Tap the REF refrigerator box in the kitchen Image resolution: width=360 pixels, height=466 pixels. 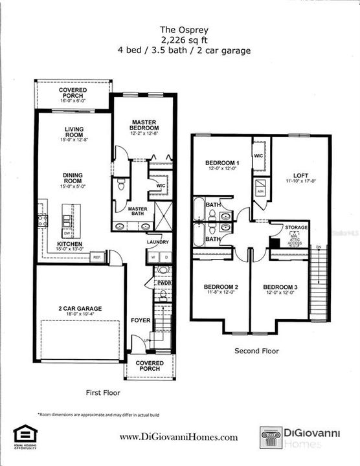[x=98, y=256]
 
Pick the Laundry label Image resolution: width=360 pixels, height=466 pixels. [x=157, y=242]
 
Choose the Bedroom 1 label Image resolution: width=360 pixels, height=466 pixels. [x=222, y=163]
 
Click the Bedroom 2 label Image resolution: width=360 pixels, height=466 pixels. [x=221, y=287]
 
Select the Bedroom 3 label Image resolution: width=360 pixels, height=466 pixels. [x=280, y=287]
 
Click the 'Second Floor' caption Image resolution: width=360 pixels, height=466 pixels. [x=256, y=351]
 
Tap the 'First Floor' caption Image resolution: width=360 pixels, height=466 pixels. [x=103, y=392]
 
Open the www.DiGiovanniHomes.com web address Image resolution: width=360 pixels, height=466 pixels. [x=179, y=438]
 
